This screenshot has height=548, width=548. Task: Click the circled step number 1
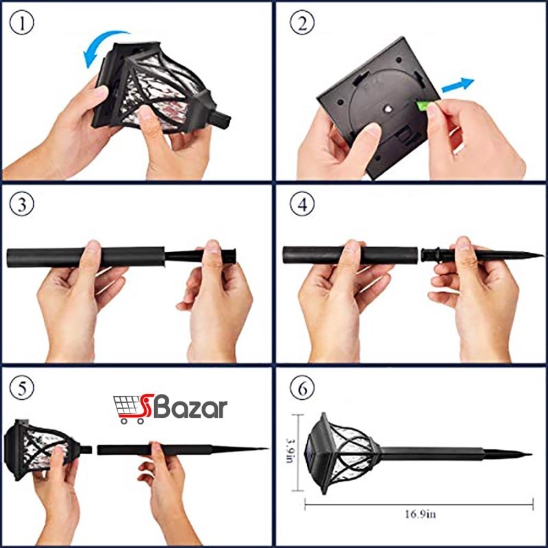[22, 23]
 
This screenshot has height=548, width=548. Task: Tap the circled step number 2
[302, 23]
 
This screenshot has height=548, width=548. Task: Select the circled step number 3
[22, 204]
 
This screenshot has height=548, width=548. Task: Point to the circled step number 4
[302, 204]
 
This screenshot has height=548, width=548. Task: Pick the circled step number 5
[22, 388]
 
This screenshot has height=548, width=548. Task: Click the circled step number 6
[302, 388]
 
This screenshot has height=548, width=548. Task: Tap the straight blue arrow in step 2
[458, 85]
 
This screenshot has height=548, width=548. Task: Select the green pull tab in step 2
[422, 105]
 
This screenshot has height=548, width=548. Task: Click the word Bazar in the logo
[190, 408]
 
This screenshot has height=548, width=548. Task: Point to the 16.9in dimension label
[420, 514]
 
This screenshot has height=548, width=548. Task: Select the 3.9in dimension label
[290, 451]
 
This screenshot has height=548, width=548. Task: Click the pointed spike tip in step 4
[543, 255]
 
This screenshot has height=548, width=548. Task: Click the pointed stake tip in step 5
[267, 449]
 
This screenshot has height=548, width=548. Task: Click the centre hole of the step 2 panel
[387, 109]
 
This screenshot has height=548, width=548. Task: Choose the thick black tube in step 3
[86, 258]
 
